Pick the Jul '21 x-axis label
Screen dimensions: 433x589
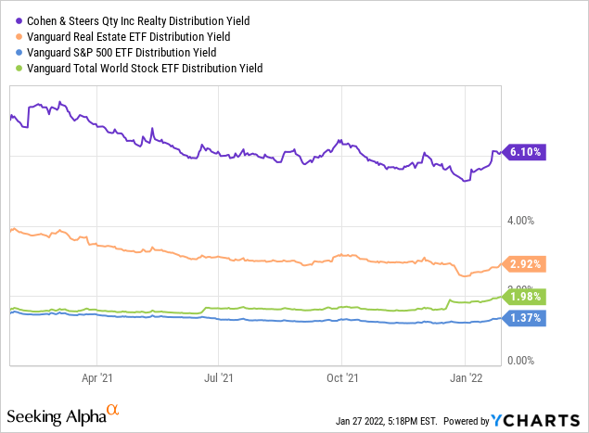pos(219,378)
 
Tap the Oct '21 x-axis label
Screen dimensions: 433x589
pos(342,378)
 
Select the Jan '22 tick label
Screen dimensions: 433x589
pos(466,378)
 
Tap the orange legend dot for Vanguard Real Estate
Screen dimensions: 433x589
pos(12,36)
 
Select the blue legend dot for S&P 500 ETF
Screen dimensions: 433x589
pos(12,52)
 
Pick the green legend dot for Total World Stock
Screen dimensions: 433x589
pos(12,68)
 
